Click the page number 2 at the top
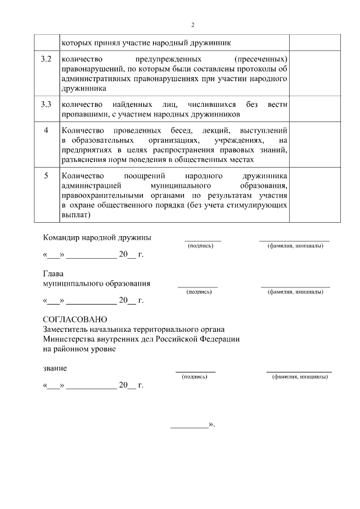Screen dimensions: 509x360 [192, 25]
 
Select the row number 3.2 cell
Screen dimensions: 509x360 [47, 59]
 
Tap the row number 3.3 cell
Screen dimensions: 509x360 [47, 105]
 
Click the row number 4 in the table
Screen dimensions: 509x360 [47, 130]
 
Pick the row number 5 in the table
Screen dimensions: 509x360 [47, 175]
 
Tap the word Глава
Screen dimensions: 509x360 [54, 274]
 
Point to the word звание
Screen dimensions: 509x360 [55, 368]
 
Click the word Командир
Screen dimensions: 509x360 [62, 237]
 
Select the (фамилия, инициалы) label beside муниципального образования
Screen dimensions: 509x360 [295, 292]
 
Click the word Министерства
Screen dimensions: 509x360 [69, 339]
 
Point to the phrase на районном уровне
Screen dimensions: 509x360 [79, 349]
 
